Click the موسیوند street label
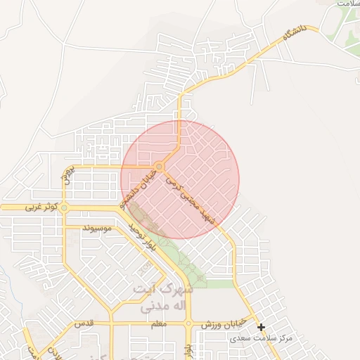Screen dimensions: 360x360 pyautogui.click(x=98, y=229)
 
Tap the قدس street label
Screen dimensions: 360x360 pyautogui.click(x=85, y=323)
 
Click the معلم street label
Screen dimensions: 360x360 pyautogui.click(x=158, y=323)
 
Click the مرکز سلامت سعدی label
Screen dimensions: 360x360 pyautogui.click(x=259, y=338)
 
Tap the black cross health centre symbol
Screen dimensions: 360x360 pyautogui.click(x=261, y=327)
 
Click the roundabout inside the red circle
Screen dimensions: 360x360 pyautogui.click(x=160, y=167)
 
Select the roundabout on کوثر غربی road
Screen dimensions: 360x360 pyautogui.click(x=64, y=208)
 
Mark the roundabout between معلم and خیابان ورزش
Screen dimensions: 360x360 pyautogui.click(x=188, y=323)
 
